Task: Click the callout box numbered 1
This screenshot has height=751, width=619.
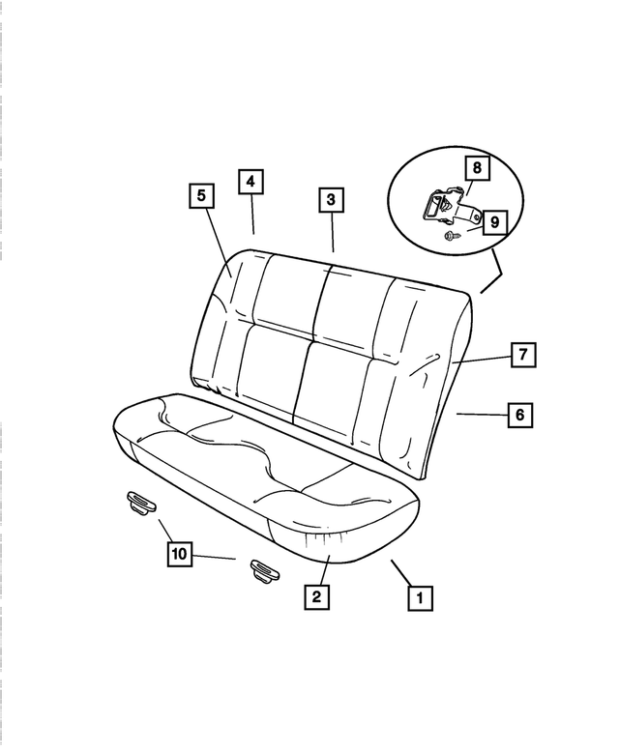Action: coord(419,598)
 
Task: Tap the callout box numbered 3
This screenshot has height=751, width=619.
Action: coord(331,200)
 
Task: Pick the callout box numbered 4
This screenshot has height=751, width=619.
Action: coord(250,181)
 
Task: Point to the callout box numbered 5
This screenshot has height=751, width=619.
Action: coord(201,196)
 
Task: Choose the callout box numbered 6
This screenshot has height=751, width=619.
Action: coord(519,415)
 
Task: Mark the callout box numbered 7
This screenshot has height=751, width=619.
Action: coord(521,355)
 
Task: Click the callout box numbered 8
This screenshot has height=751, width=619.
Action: coord(476,167)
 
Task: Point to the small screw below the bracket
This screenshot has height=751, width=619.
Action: coord(452,235)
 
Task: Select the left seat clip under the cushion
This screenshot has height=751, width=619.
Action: coord(141,501)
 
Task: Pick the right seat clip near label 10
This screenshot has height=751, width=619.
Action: coord(263,570)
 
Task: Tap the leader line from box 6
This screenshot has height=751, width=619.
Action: coord(481,414)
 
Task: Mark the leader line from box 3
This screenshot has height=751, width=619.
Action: coord(332,232)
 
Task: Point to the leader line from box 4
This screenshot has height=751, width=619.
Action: coord(251,214)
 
